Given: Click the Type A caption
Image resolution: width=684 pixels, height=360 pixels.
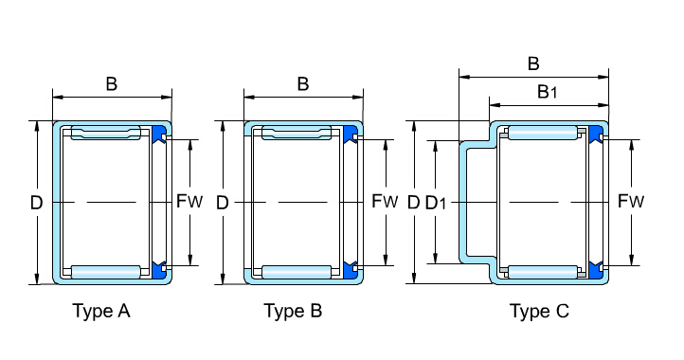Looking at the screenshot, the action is click(x=101, y=311).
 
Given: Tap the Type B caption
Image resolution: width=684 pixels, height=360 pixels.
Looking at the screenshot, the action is click(x=293, y=311).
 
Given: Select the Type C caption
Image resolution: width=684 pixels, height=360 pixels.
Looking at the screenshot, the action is click(x=539, y=311).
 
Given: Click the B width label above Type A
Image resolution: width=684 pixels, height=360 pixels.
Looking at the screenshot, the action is click(x=112, y=83).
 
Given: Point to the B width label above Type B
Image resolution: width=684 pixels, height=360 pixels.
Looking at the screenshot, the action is click(x=303, y=83).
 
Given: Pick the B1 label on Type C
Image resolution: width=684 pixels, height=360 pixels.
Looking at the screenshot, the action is click(x=547, y=92).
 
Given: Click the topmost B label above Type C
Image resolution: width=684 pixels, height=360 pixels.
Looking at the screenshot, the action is click(x=533, y=63).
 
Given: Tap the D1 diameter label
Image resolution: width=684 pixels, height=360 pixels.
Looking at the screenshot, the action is click(x=436, y=203).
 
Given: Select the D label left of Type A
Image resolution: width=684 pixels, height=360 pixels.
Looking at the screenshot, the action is click(x=37, y=203).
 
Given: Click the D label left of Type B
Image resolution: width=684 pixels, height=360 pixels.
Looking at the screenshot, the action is click(x=223, y=203).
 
